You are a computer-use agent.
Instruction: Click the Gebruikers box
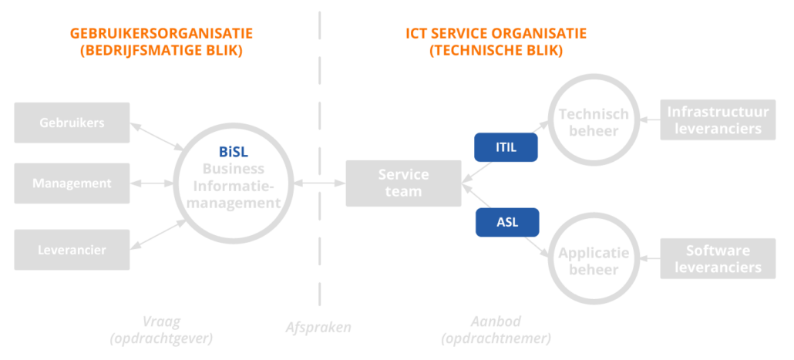(72, 123)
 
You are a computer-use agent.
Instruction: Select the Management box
(72, 183)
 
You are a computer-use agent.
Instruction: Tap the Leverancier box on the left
(72, 249)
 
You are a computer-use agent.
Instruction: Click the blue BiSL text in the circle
(233, 152)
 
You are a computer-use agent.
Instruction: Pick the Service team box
(403, 183)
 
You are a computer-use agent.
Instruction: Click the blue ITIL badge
(506, 145)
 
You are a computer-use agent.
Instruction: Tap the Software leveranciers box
(718, 259)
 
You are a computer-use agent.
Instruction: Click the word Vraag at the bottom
(161, 321)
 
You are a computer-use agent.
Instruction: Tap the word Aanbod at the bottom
(496, 321)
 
